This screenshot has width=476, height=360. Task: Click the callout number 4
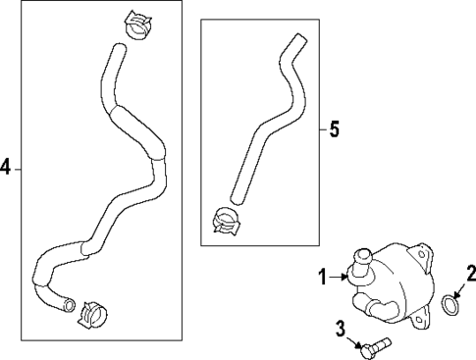pyautogui.click(x=6, y=169)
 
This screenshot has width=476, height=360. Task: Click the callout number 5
pyautogui.click(x=335, y=129)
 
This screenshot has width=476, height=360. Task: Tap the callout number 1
pyautogui.click(x=323, y=277)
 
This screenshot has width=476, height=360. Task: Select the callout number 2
pyautogui.click(x=471, y=274)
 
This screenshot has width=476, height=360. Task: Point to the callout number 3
pyautogui.click(x=341, y=329)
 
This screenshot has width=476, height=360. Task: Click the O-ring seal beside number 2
pyautogui.click(x=450, y=305)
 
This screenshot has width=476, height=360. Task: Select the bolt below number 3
pyautogui.click(x=376, y=347)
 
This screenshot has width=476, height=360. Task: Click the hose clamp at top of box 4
pyautogui.click(x=137, y=26)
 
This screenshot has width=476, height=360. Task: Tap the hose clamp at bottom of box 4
pyautogui.click(x=92, y=315)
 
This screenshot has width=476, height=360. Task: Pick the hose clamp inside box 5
pyautogui.click(x=226, y=221)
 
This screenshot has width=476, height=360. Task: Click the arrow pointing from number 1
pyautogui.click(x=339, y=277)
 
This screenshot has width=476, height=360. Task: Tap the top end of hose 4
pyautogui.click(x=119, y=47)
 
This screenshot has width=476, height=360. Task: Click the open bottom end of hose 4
pyautogui.click(x=69, y=305)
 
